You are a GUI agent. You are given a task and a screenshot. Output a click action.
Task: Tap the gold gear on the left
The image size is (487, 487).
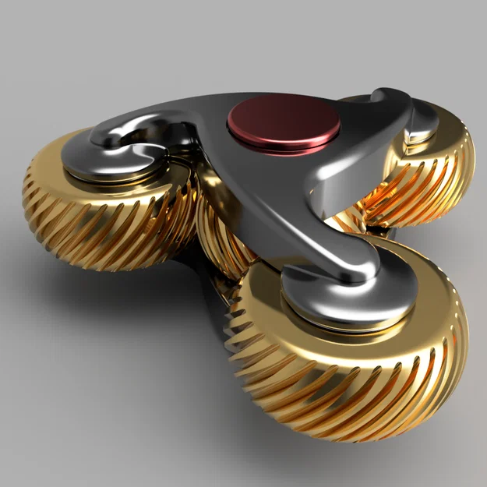click(x=109, y=210)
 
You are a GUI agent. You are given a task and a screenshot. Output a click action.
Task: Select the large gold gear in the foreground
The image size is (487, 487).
click(x=351, y=358)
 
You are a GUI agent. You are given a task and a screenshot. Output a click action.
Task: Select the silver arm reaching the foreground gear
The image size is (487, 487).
click(x=319, y=234)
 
